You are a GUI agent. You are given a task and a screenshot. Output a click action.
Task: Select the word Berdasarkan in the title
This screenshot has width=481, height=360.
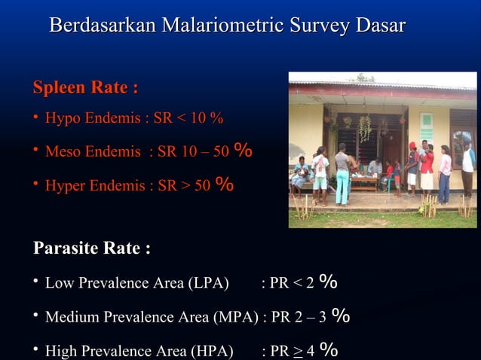pyautogui.click(x=102, y=25)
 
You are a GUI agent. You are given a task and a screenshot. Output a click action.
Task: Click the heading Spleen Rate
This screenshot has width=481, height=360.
pyautogui.click(x=85, y=88)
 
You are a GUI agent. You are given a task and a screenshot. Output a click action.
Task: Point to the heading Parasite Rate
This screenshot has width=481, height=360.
pyautogui.click(x=91, y=248)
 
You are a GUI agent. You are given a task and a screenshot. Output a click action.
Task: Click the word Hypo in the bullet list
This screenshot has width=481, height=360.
pyautogui.click(x=62, y=119)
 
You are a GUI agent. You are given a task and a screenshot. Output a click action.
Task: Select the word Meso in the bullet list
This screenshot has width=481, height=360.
pyautogui.click(x=63, y=152)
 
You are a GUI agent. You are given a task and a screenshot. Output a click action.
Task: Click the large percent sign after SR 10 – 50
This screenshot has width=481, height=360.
pyautogui.click(x=243, y=151)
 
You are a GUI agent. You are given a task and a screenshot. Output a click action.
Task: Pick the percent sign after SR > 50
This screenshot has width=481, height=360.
pyautogui.click(x=225, y=185)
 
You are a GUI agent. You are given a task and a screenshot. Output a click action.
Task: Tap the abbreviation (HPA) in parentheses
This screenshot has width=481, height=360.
pyautogui.click(x=213, y=350)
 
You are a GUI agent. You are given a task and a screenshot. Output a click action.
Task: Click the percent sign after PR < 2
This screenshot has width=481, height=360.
pyautogui.click(x=328, y=282)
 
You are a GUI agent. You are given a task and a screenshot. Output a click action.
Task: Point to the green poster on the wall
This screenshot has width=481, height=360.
pyautogui.click(x=427, y=127)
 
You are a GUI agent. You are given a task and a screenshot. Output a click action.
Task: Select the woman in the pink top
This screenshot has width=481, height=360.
pyautogui.click(x=446, y=169)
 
